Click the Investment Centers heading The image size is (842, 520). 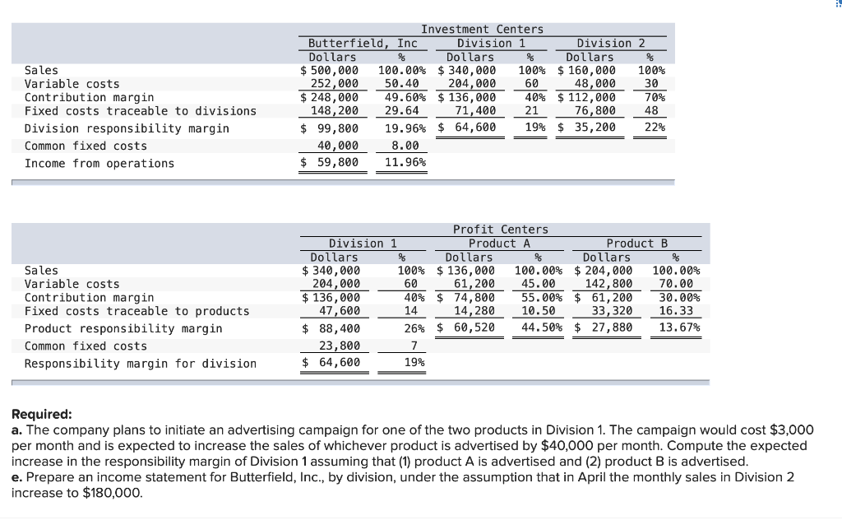tap(482, 30)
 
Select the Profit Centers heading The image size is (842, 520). tap(500, 230)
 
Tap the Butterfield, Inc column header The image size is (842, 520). tap(363, 43)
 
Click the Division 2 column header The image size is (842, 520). tap(611, 43)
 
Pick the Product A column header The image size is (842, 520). tap(500, 243)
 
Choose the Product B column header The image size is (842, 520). tap(637, 243)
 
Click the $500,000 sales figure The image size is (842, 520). tap(329, 71)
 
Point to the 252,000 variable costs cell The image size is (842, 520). tap(334, 84)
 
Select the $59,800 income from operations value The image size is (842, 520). tap(329, 163)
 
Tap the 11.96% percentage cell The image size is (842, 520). tap(405, 163)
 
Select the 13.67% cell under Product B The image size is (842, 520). tap(680, 328)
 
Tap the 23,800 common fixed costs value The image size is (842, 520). tap(339, 346)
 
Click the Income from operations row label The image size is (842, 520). tap(99, 163)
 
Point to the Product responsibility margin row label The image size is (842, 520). tap(123, 328)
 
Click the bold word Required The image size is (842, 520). tap(41, 415)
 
